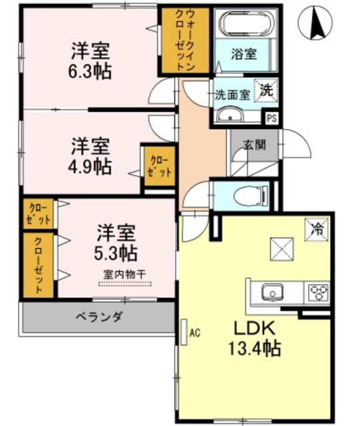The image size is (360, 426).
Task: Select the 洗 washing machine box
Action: click(x=266, y=91)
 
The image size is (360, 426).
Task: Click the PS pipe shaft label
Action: click(x=271, y=119)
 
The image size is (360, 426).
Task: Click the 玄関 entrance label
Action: click(x=253, y=143)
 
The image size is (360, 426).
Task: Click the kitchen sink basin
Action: click(x=271, y=292)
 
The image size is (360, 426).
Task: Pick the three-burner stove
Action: click(x=317, y=292)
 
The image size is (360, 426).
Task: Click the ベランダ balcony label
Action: click(x=98, y=317)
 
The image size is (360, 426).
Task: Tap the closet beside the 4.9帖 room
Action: click(x=158, y=166)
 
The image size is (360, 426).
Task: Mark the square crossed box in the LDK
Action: click(x=281, y=250)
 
